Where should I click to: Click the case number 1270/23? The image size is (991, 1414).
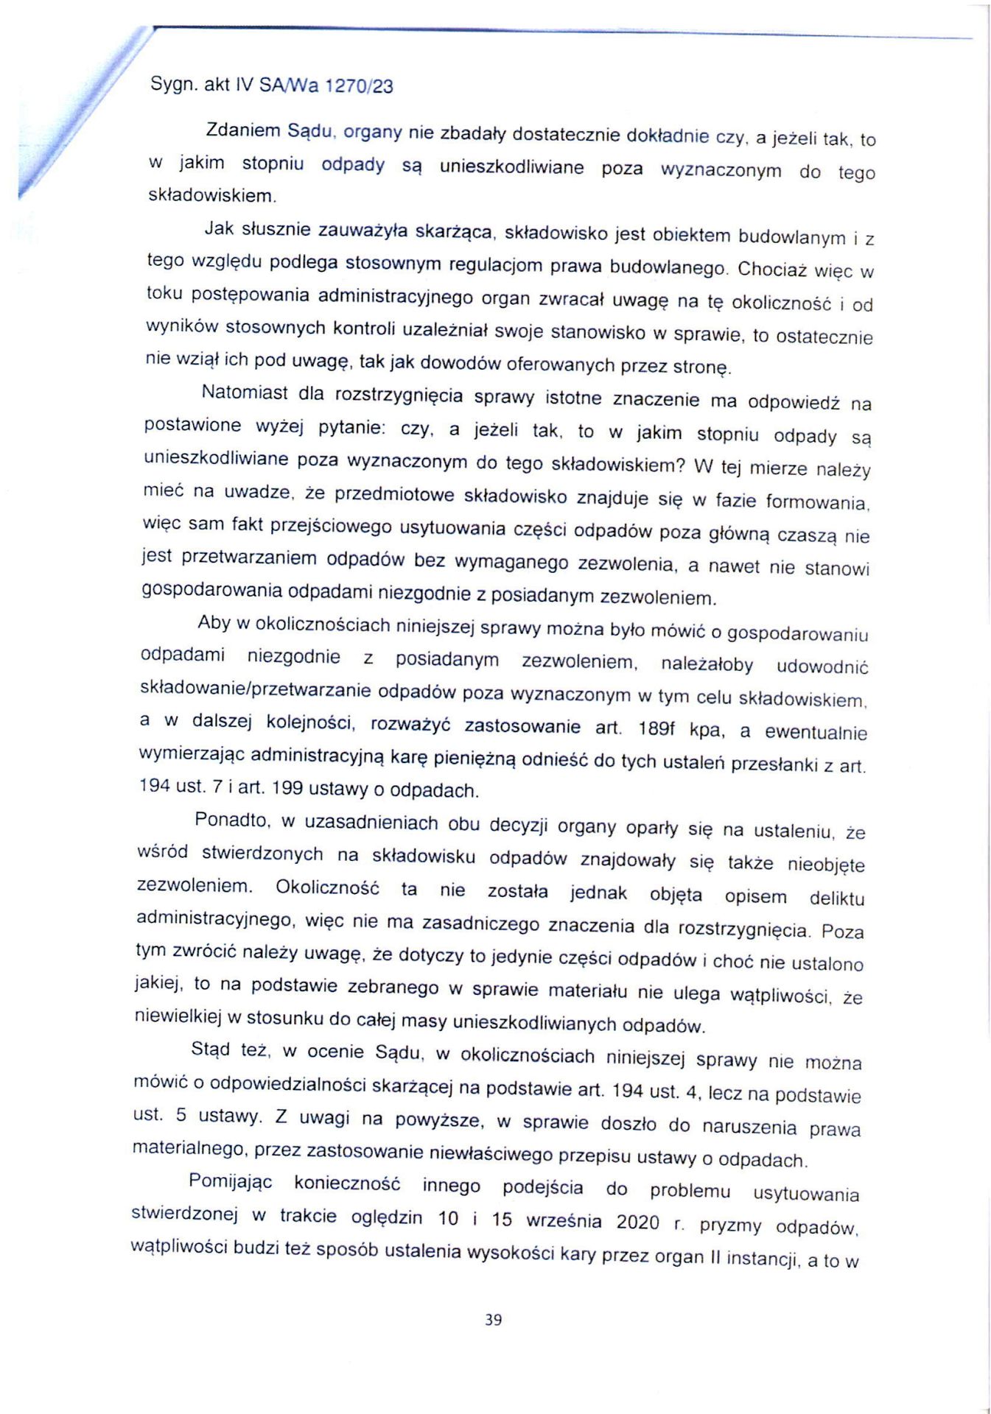click(x=359, y=86)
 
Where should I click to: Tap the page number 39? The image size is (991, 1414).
click(x=493, y=1320)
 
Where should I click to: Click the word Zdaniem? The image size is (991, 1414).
click(x=243, y=131)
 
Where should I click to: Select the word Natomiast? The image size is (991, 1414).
click(x=245, y=393)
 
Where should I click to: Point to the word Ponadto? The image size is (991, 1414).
click(x=234, y=820)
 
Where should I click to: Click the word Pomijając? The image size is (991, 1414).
click(x=230, y=1182)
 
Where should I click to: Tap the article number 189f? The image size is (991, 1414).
click(x=656, y=729)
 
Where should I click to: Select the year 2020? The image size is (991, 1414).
click(x=637, y=1222)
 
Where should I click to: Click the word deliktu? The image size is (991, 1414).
click(x=836, y=898)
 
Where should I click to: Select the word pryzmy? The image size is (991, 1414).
click(x=730, y=1224)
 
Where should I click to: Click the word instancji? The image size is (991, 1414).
click(x=763, y=1258)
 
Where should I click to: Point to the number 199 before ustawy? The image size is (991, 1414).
click(x=287, y=788)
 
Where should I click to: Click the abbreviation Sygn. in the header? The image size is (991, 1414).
click(x=173, y=84)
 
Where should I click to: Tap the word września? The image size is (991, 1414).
click(x=563, y=1220)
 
